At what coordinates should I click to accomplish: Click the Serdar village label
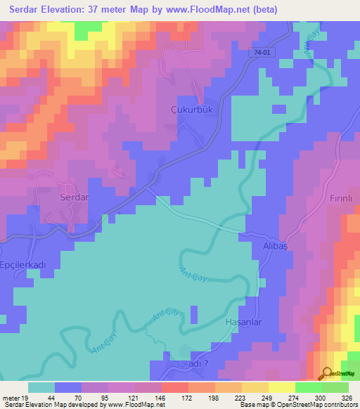point(74,197)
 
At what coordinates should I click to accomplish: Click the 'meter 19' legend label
point(13,397)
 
